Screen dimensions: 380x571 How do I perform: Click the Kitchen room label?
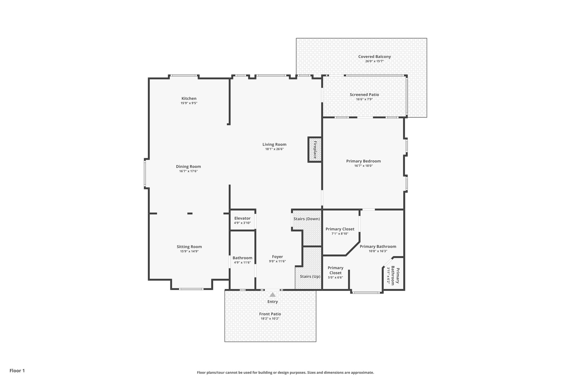pyautogui.click(x=189, y=99)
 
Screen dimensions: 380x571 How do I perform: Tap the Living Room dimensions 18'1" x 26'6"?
pyautogui.click(x=274, y=149)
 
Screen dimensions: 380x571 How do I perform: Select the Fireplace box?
pyautogui.click(x=315, y=149)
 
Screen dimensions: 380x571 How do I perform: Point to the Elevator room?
pyautogui.click(x=242, y=220)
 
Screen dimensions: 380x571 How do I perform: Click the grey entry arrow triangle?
pyautogui.click(x=273, y=295)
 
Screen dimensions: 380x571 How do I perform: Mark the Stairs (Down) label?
pyautogui.click(x=306, y=219)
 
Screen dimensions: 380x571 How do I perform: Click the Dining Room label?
pyautogui.click(x=188, y=167)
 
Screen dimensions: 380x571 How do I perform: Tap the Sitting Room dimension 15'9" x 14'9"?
pyautogui.click(x=189, y=251)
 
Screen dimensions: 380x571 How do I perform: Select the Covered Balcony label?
pyautogui.click(x=374, y=57)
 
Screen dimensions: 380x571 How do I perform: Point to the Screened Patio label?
pyautogui.click(x=364, y=95)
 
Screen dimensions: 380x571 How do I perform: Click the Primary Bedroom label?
pyautogui.click(x=363, y=161)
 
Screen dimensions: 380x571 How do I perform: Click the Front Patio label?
pyautogui.click(x=270, y=314)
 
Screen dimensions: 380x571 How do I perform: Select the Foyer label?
pyautogui.click(x=277, y=257)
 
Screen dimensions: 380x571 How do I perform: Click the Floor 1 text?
pyautogui.click(x=17, y=371)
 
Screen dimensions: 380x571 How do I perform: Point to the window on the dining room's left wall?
pyautogui.click(x=145, y=173)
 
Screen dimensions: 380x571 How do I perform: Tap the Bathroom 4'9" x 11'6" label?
pyautogui.click(x=242, y=258)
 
